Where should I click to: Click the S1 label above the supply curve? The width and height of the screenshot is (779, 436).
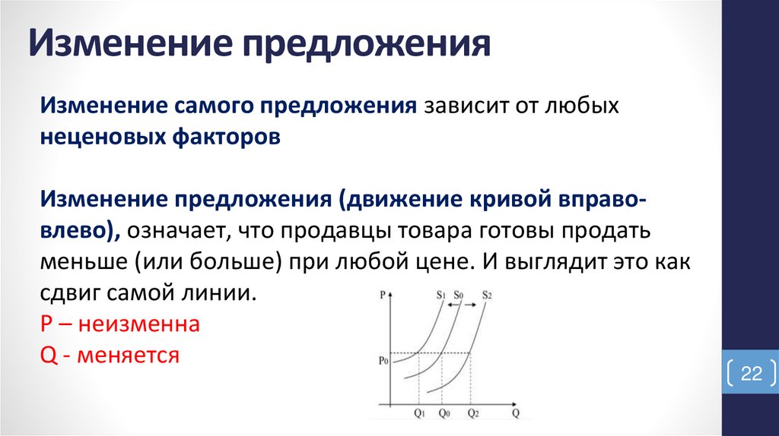[x=441, y=295]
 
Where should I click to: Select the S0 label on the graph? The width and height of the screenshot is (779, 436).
[x=458, y=295]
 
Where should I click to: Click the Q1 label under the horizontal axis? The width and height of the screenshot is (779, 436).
[x=419, y=413]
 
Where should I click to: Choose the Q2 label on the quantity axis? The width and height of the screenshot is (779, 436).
[x=473, y=413]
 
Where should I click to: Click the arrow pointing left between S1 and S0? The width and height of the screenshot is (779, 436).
[x=453, y=304]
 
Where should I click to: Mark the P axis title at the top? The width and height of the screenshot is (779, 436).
[x=382, y=293]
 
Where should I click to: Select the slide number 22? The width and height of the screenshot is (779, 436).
[x=751, y=374]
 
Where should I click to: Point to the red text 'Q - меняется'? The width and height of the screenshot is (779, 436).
[x=110, y=354]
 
